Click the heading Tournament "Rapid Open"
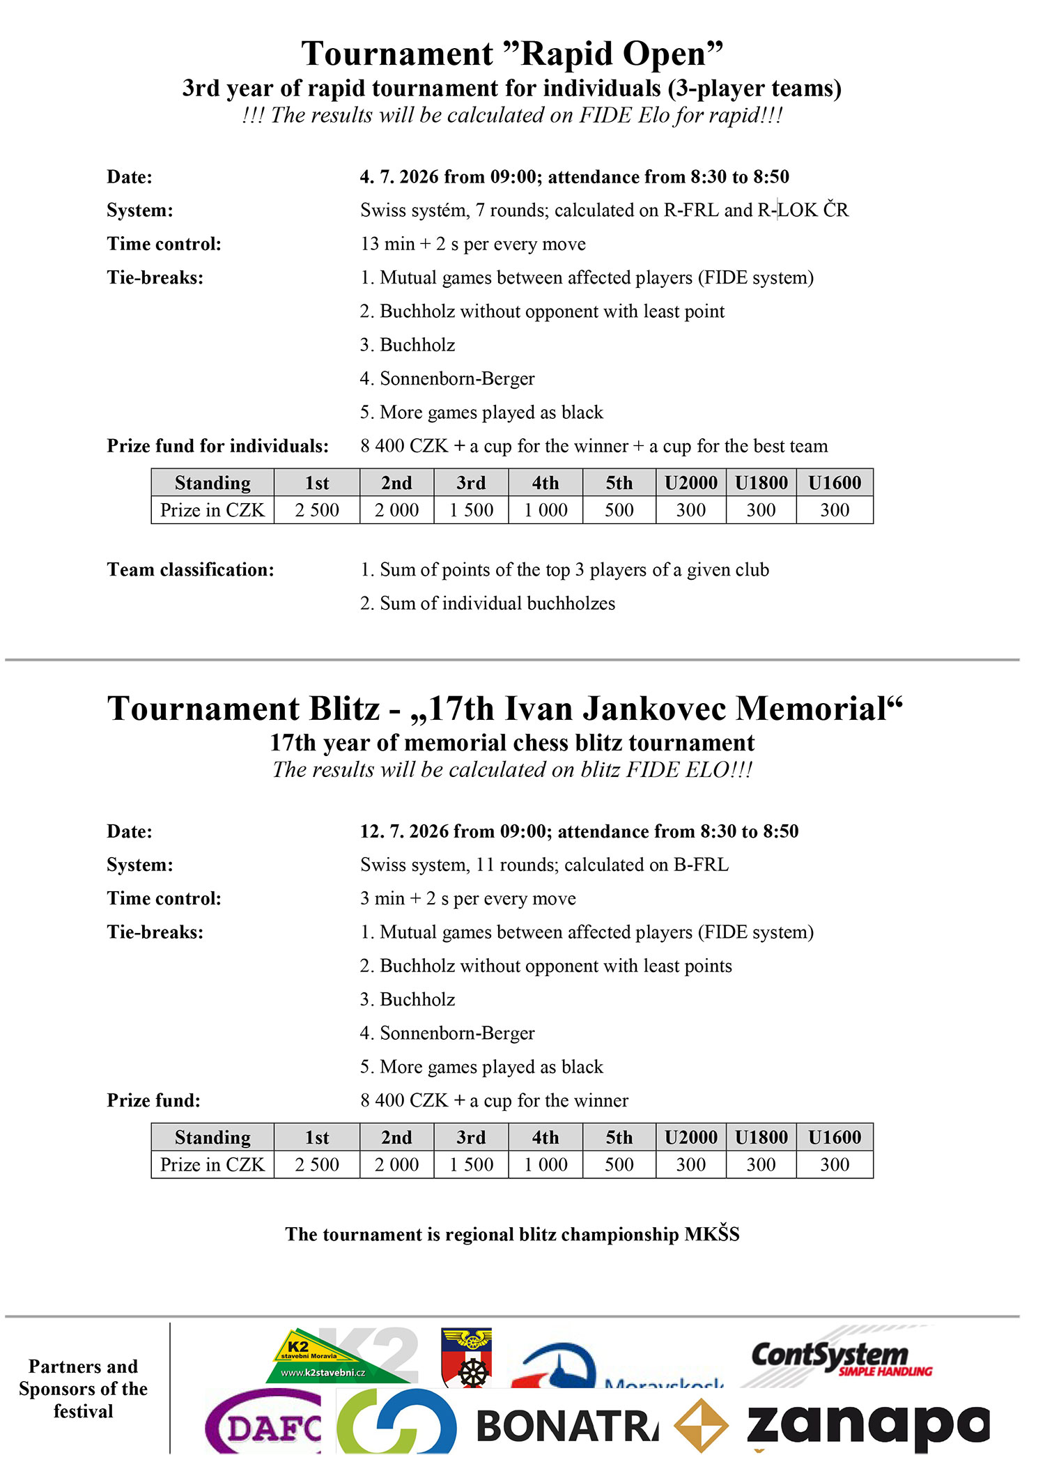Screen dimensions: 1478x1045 tap(512, 54)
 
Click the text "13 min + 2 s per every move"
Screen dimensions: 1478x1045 tap(473, 244)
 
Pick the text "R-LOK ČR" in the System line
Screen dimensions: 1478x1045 tap(803, 210)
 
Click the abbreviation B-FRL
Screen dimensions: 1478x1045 tap(701, 865)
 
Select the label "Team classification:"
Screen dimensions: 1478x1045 tap(190, 570)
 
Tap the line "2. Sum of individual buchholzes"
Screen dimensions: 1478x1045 tap(488, 603)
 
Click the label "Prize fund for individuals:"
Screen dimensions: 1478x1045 tap(217, 446)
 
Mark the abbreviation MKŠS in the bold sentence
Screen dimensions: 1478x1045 tap(711, 1234)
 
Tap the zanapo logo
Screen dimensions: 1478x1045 tap(867, 1425)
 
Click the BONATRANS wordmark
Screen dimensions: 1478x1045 tap(566, 1426)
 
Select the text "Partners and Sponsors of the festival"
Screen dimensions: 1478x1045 tap(83, 1388)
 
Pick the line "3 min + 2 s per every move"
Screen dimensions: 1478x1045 tap(468, 898)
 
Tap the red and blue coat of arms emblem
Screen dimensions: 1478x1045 tap(467, 1357)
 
